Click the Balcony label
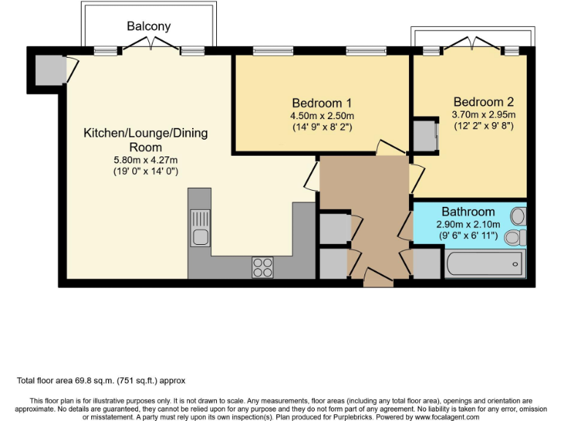[148, 26]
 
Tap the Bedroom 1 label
[322, 102]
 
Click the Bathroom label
[467, 212]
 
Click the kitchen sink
[199, 227]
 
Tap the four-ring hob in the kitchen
[262, 268]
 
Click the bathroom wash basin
[518, 216]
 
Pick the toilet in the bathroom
[516, 237]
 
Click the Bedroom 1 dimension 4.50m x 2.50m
[322, 115]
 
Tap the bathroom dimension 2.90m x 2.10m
[467, 224]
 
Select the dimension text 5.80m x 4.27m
[145, 159]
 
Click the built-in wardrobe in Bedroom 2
[424, 135]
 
